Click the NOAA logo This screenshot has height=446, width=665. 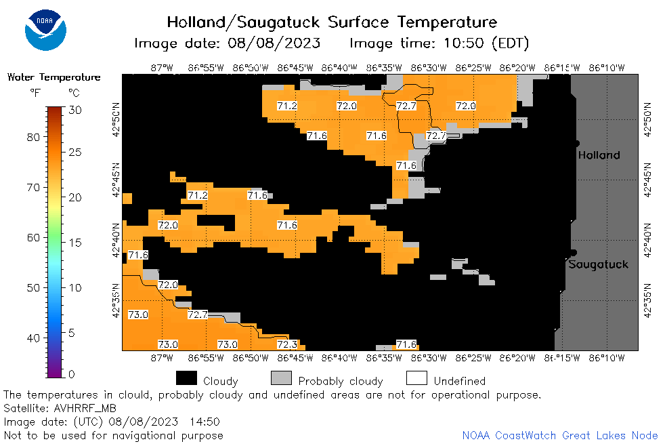pyautogui.click(x=45, y=30)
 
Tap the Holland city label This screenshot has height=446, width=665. pyautogui.click(x=599, y=155)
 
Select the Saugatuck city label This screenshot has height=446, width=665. pyautogui.click(x=598, y=265)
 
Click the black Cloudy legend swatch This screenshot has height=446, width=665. pyautogui.click(x=186, y=378)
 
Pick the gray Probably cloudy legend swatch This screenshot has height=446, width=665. pyautogui.click(x=281, y=378)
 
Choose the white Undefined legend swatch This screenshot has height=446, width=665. pyautogui.click(x=416, y=378)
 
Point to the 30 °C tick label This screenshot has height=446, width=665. pyautogui.click(x=75, y=110)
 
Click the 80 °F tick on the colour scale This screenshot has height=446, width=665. pyautogui.click(x=33, y=138)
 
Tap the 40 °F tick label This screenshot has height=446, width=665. pyautogui.click(x=33, y=338)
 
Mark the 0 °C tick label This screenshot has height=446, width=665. pyautogui.click(x=72, y=374)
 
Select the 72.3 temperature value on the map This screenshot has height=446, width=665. pyautogui.click(x=287, y=344)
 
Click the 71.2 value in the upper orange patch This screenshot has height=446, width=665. pyautogui.click(x=287, y=106)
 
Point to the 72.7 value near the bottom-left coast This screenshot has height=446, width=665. pyautogui.click(x=198, y=315)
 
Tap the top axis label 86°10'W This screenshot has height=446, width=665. pyautogui.click(x=607, y=68)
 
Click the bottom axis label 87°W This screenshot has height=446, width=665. pyautogui.click(x=162, y=358)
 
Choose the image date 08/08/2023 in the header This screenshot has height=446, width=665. pyautogui.click(x=274, y=43)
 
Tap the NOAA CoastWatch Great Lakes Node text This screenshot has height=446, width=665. pyautogui.click(x=560, y=435)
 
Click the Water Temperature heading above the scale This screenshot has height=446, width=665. pyautogui.click(x=54, y=77)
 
